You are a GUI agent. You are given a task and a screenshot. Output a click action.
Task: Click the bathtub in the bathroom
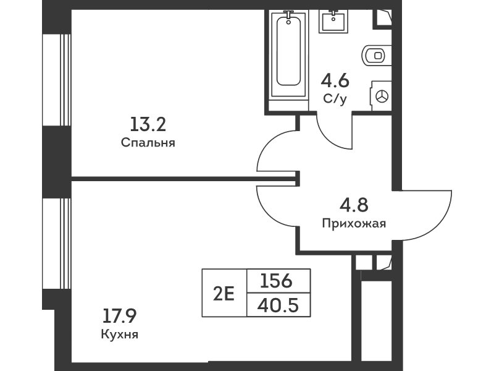tap(290, 56)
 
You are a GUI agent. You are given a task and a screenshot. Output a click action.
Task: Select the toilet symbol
tap(376, 56)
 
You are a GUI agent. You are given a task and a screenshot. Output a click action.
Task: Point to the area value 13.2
tap(148, 126)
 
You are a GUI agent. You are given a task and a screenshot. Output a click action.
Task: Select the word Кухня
tap(119, 336)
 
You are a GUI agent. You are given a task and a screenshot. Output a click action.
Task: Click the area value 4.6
tap(335, 80)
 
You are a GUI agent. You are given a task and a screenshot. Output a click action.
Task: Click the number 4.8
tap(354, 205)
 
